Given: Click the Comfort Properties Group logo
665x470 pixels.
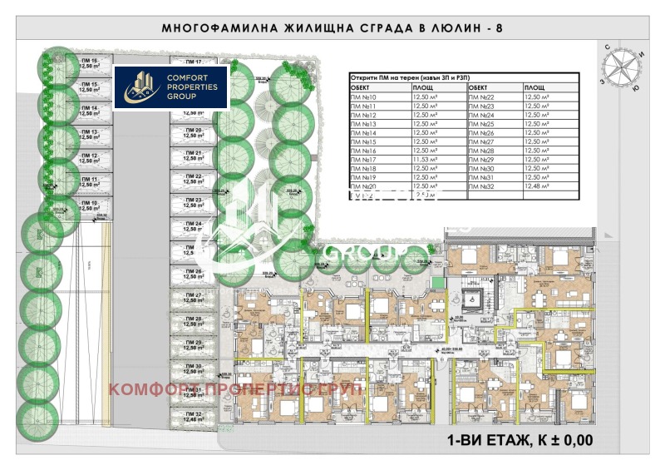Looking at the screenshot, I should click(171, 87).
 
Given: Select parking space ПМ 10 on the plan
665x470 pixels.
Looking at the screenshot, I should click(89, 205).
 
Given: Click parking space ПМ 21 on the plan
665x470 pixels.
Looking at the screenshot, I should click(193, 157).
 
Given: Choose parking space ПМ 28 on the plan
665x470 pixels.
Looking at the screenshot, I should click(193, 323).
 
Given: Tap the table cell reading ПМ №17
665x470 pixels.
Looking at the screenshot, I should click(367, 159).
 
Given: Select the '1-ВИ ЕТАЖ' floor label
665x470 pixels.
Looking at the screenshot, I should click(490, 439).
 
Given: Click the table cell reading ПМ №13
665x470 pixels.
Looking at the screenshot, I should click(367, 124).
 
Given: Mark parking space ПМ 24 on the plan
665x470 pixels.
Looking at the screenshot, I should click(193, 228).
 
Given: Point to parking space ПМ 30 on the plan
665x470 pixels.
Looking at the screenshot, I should click(193, 369).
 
